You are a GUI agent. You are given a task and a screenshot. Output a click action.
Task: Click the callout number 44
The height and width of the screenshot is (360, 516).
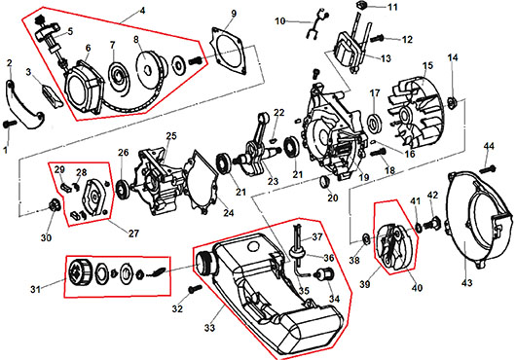point(489,146)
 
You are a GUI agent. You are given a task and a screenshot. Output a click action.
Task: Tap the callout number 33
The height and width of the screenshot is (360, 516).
point(209,328)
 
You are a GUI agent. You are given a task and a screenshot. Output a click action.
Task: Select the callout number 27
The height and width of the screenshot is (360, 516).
point(133,234)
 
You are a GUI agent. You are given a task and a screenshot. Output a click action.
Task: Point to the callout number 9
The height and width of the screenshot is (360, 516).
point(234,14)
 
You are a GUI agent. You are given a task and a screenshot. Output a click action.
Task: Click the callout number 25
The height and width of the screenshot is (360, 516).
point(171,136)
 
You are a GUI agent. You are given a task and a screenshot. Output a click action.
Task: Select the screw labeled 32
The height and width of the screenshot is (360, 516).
point(195,289)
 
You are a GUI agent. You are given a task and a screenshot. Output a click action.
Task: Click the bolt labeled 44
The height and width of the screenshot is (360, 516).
point(488,169)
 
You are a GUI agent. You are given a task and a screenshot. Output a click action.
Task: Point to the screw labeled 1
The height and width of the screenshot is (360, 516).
point(10,124)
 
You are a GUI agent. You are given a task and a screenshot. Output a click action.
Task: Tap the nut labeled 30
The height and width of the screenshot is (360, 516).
point(55,205)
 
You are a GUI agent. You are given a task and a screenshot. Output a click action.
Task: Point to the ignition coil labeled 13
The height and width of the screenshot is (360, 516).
point(348,51)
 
